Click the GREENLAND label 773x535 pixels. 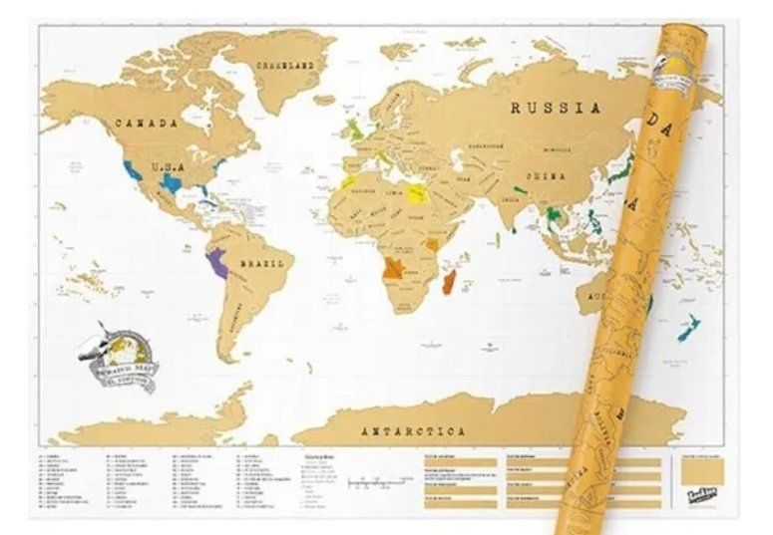284,65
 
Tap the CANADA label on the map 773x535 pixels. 146,124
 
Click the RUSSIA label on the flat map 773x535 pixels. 557,109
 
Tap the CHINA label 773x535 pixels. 546,176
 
